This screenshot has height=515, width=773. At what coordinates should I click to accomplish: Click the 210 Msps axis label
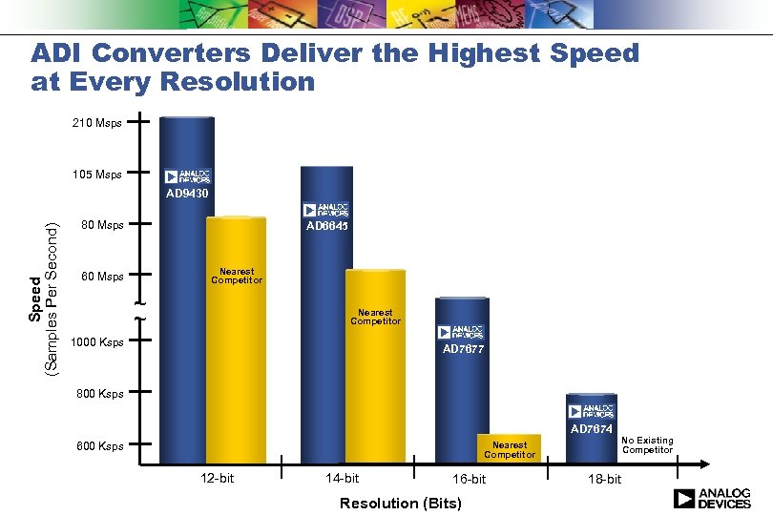[x=96, y=123]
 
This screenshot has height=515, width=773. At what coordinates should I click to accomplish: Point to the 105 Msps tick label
[x=96, y=175]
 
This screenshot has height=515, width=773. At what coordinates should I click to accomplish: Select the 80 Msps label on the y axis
[x=102, y=226]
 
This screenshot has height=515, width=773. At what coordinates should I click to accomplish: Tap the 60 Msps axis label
[x=102, y=278]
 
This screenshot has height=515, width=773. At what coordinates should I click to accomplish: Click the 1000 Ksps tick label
[x=97, y=342]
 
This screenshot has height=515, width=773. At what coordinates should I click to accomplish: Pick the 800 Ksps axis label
[x=99, y=393]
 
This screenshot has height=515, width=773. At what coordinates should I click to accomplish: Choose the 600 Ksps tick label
[x=99, y=445]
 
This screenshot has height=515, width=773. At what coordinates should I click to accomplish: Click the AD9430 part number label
[x=187, y=194]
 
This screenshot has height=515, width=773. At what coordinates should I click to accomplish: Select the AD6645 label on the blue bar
[x=326, y=227]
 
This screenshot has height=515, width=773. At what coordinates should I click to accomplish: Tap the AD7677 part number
[x=463, y=349]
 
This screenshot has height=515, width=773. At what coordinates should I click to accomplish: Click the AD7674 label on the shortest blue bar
[x=591, y=430]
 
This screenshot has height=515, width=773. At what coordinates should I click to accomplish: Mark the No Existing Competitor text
[x=647, y=445]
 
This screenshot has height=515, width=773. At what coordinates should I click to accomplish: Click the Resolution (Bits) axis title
[x=400, y=503]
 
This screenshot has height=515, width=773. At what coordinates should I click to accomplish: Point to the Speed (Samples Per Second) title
[x=44, y=297]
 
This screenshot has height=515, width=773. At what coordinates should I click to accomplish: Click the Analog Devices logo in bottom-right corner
[x=712, y=499]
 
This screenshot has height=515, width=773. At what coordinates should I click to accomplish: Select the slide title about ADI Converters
[x=334, y=67]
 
